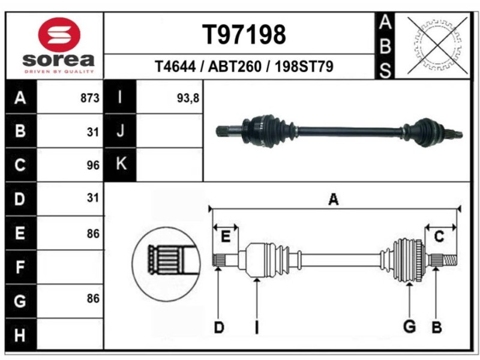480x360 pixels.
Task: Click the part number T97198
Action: tap(244, 35)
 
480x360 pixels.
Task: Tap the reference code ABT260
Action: tap(235, 66)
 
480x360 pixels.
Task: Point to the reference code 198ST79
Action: tap(303, 66)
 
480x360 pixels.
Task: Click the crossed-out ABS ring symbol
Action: tap(439, 40)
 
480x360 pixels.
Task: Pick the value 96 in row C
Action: tap(92, 166)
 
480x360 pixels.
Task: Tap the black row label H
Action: tap(20, 335)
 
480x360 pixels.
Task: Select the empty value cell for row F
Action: tap(71, 266)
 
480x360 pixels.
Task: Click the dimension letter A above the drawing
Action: tap(334, 200)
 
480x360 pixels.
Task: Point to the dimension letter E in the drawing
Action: tap(225, 237)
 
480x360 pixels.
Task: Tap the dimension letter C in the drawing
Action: tap(439, 237)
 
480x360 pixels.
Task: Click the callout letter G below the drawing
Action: tap(409, 327)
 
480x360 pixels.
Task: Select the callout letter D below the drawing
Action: tap(220, 328)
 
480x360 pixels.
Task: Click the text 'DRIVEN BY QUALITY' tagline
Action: tap(59, 71)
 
